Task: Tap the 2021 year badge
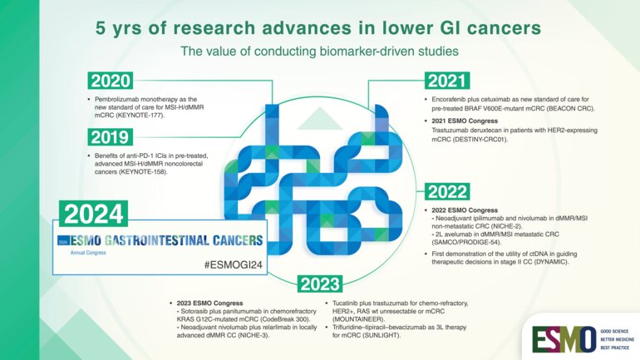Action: coord(450,81)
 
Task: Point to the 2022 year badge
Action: coord(449,192)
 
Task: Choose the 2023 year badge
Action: coord(319,284)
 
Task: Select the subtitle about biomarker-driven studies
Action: coord(320,51)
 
